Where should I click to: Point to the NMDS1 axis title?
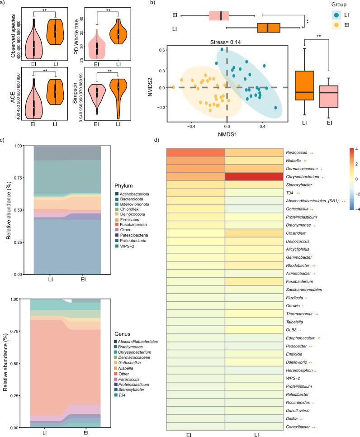pos(226,135)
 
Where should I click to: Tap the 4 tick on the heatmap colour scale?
pos(351,149)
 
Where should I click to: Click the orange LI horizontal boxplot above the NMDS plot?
pos(268,28)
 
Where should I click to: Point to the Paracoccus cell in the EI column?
pos(195,152)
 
